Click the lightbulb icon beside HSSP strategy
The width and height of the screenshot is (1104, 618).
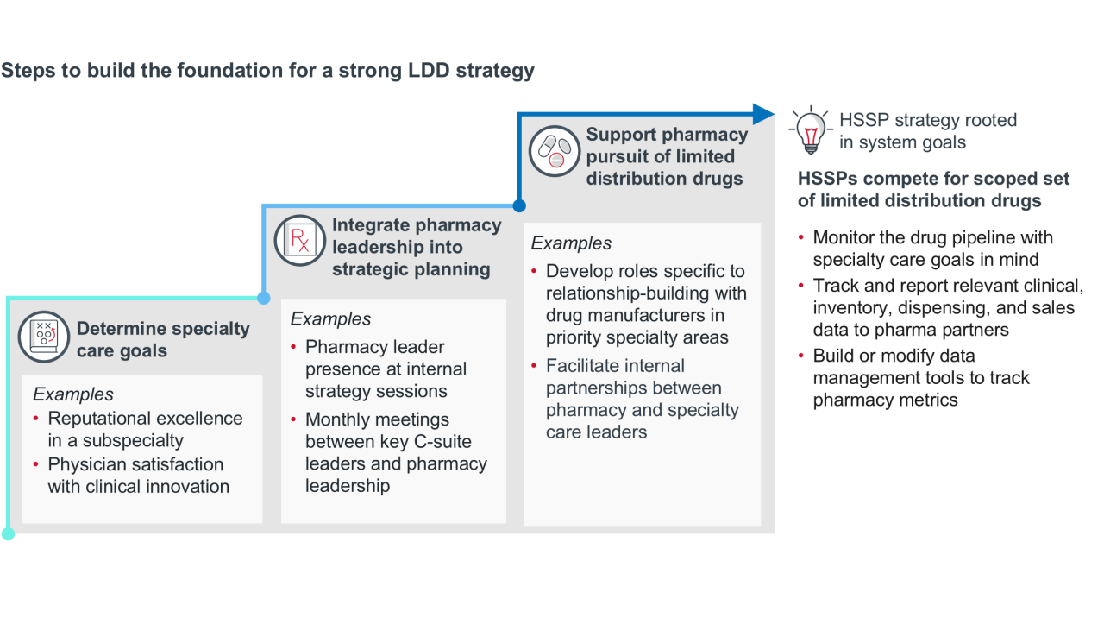click(810, 132)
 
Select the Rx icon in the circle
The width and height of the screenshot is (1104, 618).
click(300, 240)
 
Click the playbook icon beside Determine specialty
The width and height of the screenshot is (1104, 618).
click(44, 336)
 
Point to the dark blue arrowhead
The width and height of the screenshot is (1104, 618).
click(763, 114)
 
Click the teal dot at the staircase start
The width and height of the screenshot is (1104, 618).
click(9, 533)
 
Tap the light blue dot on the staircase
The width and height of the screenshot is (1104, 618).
click(264, 298)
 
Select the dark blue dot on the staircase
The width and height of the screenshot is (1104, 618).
click(519, 205)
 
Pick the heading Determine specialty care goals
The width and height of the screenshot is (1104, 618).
click(163, 339)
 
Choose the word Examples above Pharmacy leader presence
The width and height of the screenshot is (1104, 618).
click(330, 318)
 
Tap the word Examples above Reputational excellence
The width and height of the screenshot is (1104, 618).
click(73, 394)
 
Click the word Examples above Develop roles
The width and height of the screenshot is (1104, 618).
click(571, 243)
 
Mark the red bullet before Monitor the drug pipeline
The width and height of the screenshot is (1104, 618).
click(801, 237)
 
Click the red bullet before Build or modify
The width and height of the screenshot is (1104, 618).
click(801, 356)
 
